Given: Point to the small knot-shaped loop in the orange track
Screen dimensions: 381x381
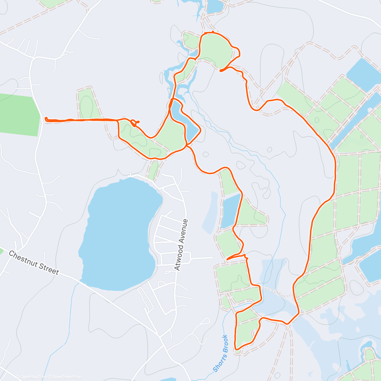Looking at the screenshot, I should coord(135,123).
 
